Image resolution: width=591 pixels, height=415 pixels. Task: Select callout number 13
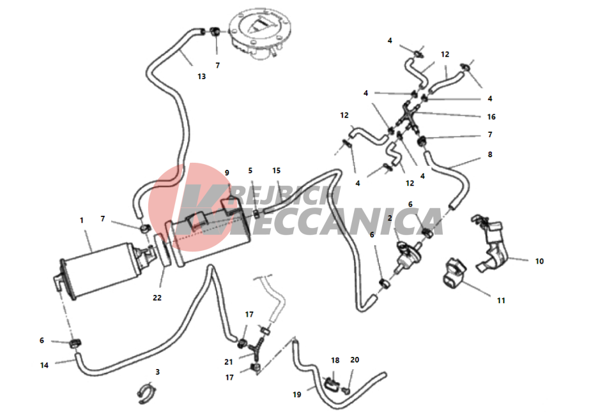tap(202, 77)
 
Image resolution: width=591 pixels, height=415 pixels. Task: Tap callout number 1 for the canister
tap(81, 220)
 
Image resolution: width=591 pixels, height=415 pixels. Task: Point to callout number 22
tap(157, 298)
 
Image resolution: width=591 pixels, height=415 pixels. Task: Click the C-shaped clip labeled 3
tap(146, 393)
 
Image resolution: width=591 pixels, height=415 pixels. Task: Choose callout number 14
tap(44, 365)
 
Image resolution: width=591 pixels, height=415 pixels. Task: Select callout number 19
tap(297, 395)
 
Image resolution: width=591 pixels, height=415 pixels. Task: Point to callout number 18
tap(335, 360)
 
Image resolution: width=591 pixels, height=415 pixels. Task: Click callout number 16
tap(491, 117)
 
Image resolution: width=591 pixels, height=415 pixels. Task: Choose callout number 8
tap(490, 155)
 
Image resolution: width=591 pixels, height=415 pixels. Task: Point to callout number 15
tap(276, 171)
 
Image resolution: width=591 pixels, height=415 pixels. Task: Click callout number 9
tap(227, 173)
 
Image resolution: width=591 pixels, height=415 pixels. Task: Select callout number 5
tap(250, 171)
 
